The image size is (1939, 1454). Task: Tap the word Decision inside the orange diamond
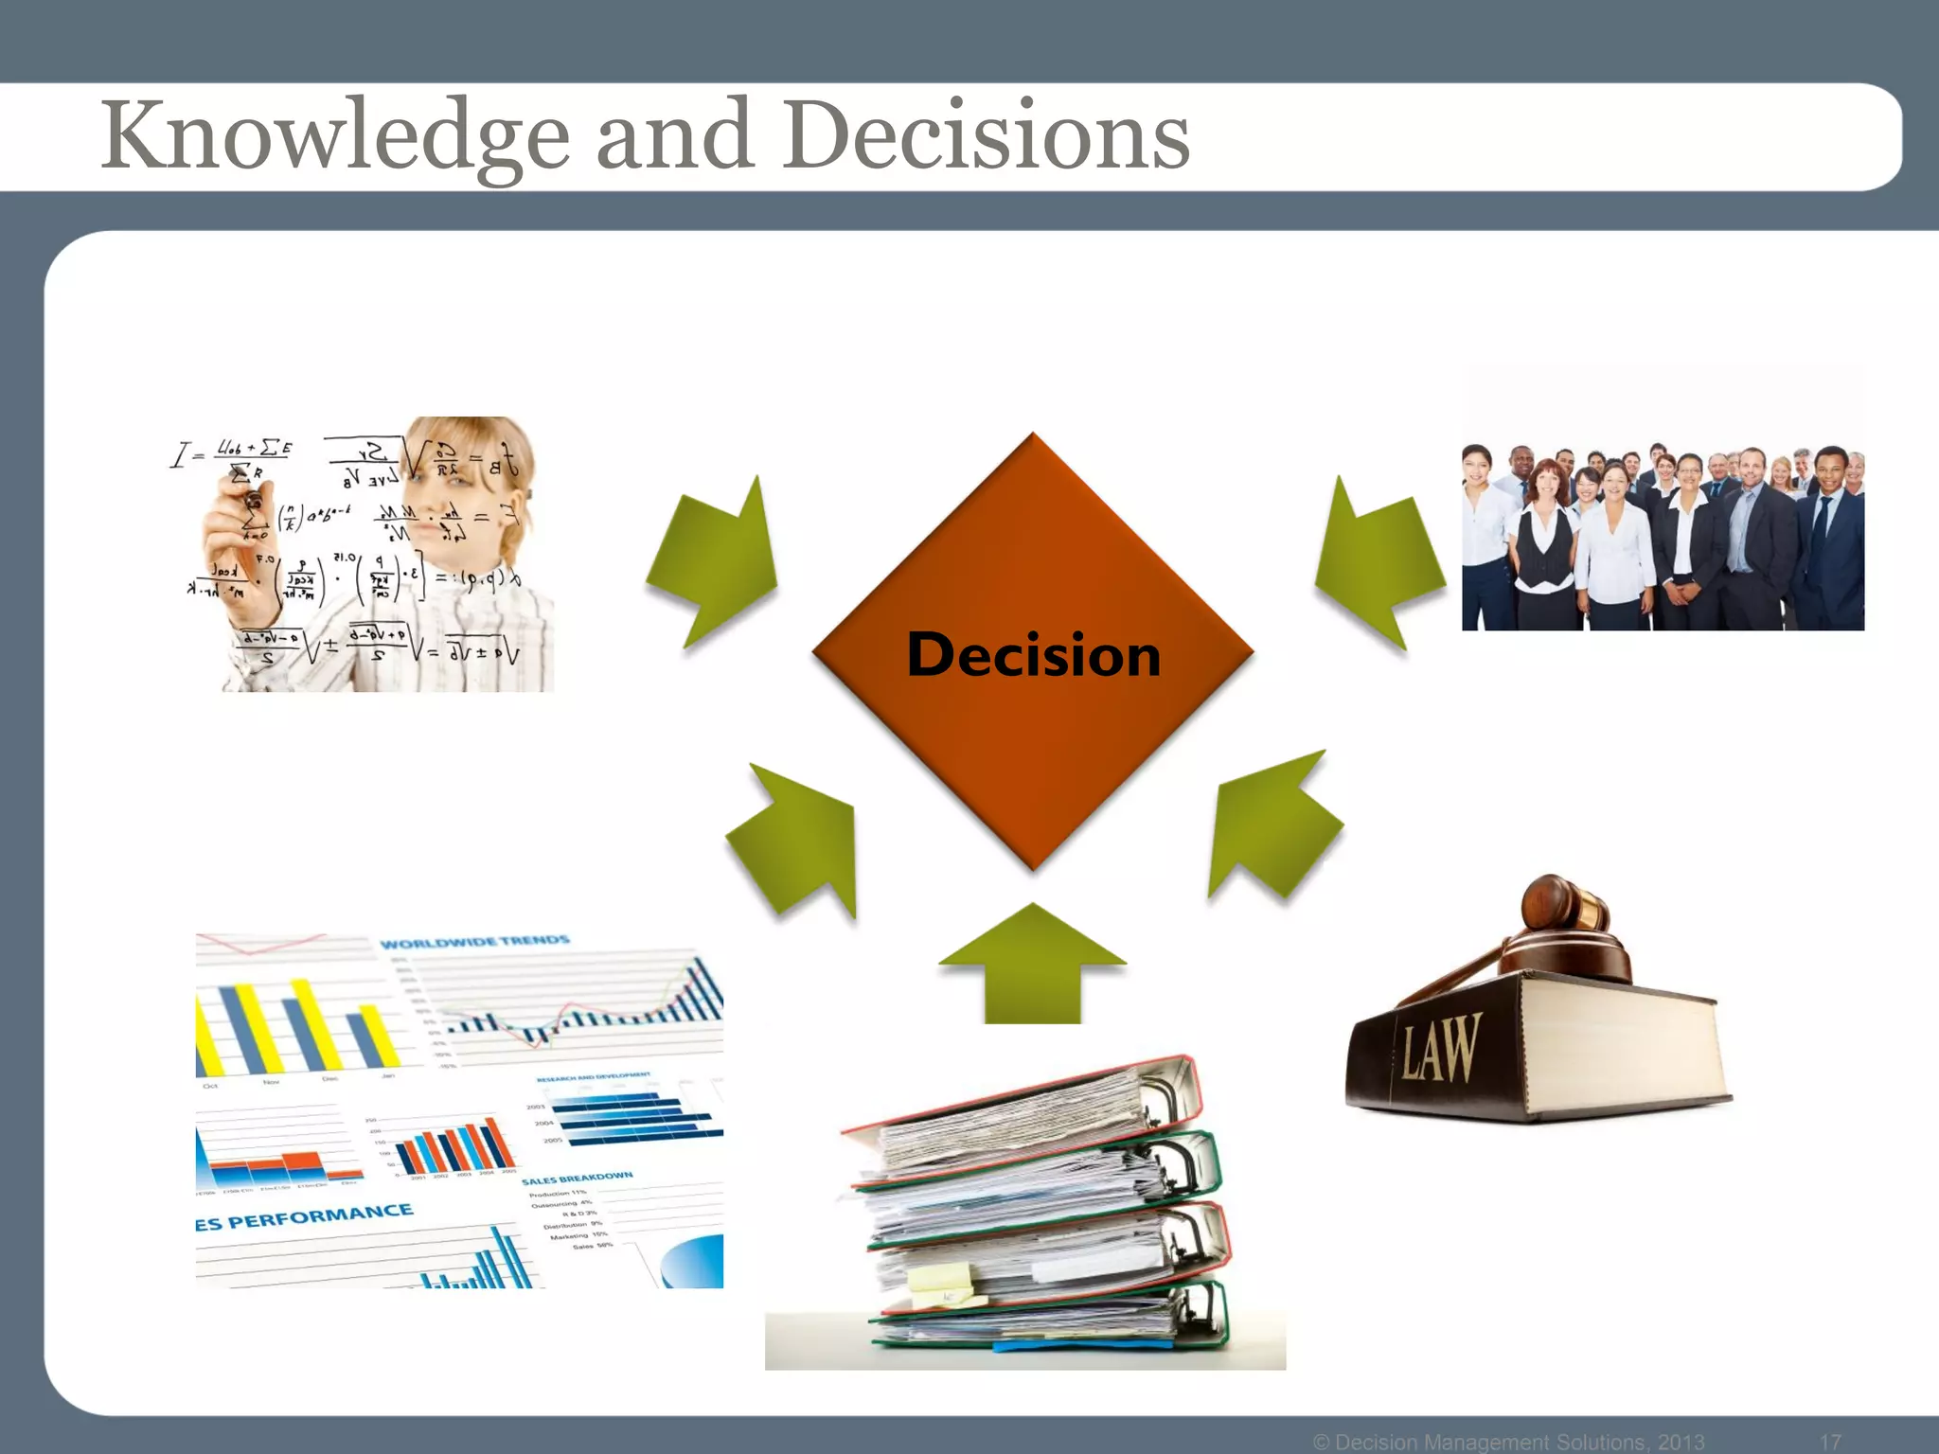click(1033, 654)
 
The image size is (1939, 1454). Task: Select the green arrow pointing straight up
click(1032, 966)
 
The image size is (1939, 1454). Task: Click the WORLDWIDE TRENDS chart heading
click(474, 942)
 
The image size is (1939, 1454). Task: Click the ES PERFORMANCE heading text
click(304, 1217)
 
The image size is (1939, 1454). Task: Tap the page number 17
click(1830, 1442)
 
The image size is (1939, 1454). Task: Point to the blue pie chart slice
click(696, 1264)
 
